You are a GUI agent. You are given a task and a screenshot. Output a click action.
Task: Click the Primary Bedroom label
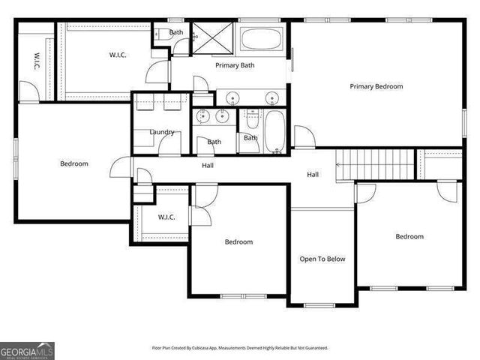click(x=376, y=86)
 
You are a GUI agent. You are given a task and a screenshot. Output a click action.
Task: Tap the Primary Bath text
click(x=235, y=66)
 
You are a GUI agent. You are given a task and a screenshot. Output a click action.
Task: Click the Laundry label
click(x=161, y=132)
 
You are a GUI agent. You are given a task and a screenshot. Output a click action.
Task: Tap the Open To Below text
click(x=322, y=259)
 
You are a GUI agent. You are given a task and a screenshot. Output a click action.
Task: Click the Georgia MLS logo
click(x=27, y=350)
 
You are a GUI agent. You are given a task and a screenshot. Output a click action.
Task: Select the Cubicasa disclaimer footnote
click(x=240, y=348)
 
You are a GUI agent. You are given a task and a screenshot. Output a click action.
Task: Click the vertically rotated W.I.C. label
click(x=35, y=62)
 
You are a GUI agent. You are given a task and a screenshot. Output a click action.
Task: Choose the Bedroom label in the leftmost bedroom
click(x=73, y=163)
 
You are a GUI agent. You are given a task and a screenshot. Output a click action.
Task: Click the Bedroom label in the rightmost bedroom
click(x=409, y=237)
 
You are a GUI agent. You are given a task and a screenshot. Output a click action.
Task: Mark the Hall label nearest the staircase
click(x=313, y=175)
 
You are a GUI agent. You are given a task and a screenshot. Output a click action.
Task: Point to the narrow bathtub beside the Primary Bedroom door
click(x=274, y=131)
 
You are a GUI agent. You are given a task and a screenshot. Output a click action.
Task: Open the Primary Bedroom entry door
click(x=304, y=137)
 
